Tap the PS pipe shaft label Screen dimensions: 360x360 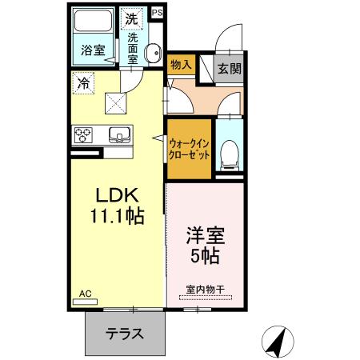[156, 13]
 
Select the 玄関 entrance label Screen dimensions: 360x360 [229, 69]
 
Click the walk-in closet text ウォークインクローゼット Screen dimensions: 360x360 [190, 149]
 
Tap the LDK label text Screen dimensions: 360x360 [118, 196]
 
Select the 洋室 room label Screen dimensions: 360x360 [205, 238]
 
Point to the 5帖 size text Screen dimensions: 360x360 [205, 258]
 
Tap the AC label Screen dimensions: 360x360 [85, 294]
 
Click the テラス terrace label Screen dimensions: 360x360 [125, 333]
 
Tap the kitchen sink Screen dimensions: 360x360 [119, 134]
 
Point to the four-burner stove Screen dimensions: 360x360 [84, 134]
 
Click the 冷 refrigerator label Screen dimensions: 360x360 [84, 82]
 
